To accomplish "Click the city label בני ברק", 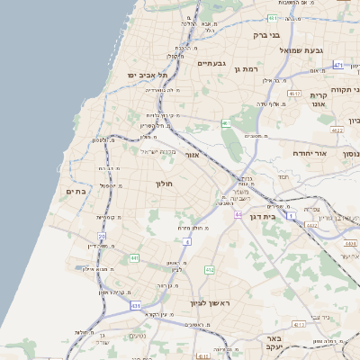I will click(266, 35).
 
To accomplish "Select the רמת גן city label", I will click(246, 68).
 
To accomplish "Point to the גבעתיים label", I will click(211, 63).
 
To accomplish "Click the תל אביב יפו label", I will click(144, 75).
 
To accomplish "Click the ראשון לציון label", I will click(210, 303).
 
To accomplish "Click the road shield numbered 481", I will click(272, 17).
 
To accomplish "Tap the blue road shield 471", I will click(338, 65).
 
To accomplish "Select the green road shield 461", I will click(226, 123).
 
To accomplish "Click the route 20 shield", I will click(102, 237).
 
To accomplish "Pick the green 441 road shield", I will click(134, 258).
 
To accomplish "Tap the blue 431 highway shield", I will click(136, 306).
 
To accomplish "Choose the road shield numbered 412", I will click(210, 269).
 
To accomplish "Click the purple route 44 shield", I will click(238, 215).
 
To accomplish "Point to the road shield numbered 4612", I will click(294, 93).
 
